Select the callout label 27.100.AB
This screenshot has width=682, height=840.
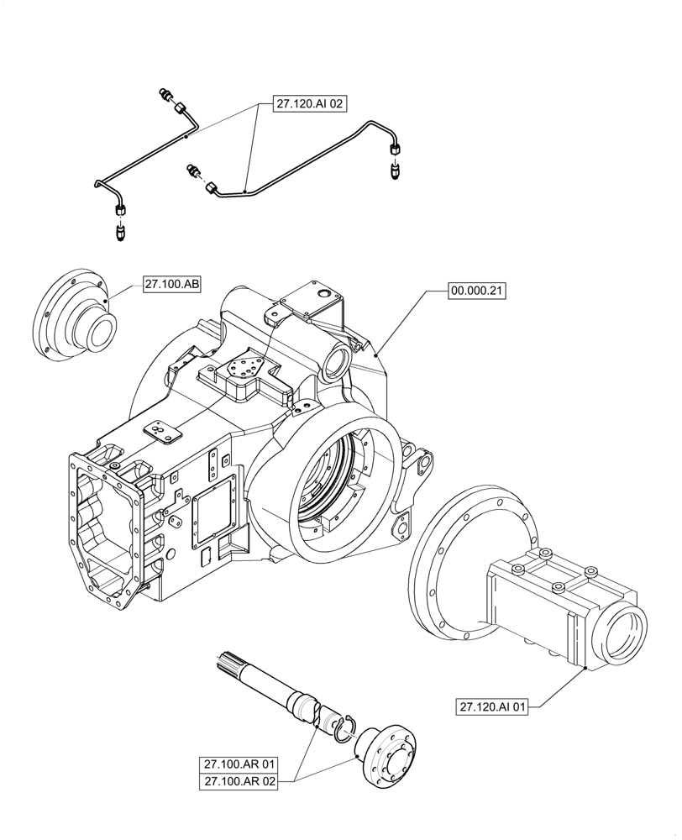click(x=172, y=285)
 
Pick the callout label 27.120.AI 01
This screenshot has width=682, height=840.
click(x=493, y=706)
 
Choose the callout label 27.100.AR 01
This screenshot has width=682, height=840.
click(x=239, y=765)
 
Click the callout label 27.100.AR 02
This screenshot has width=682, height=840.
click(x=239, y=782)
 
